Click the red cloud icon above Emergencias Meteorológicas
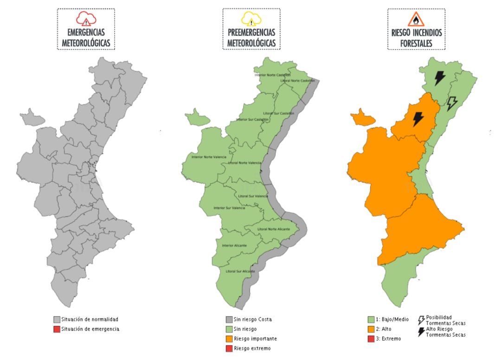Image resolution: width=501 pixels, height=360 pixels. click(86, 19)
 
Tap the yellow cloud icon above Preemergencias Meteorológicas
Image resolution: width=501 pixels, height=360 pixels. click(251, 19)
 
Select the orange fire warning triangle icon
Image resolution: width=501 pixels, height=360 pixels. click(416, 19)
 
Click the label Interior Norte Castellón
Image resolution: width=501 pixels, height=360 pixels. click(272, 75)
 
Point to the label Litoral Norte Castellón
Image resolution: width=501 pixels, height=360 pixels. click(297, 81)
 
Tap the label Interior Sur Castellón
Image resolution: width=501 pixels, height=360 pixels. click(252, 120)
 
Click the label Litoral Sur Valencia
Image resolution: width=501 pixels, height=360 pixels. click(253, 196)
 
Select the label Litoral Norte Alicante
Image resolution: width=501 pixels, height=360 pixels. click(274, 229)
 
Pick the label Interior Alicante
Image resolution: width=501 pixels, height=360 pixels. click(234, 245)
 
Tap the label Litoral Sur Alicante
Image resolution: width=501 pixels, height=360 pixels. click(240, 271)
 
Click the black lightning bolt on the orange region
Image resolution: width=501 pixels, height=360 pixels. click(418, 119)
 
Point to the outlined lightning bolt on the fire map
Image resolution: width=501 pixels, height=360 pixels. click(451, 103)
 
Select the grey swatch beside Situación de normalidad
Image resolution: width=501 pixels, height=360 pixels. click(57, 320)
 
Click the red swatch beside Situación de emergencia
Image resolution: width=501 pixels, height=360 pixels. click(57, 329)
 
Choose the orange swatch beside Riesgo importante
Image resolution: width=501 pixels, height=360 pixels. click(229, 339)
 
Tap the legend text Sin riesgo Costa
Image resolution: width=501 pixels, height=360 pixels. click(253, 319)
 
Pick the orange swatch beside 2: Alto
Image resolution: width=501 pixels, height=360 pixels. click(371, 329)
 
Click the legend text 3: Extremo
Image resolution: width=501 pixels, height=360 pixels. click(390, 339)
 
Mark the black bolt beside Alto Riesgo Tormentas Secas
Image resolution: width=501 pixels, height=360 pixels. click(421, 332)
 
